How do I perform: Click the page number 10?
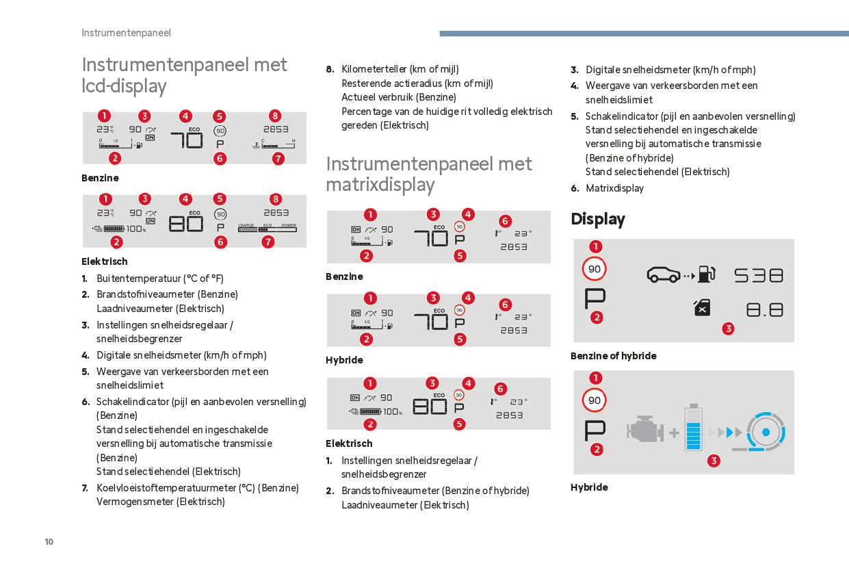pos(49,542)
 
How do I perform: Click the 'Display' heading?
pos(598,219)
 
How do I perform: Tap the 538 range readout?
pos(758,275)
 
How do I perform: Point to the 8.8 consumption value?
pos(764,310)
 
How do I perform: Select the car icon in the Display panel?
pos(663,275)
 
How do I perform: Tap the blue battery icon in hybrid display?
pos(693,428)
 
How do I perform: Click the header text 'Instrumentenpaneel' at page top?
pos(126,33)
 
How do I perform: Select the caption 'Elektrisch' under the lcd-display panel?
pos(105,261)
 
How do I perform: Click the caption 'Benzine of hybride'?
pos(613,356)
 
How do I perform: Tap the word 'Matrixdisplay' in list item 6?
pos(614,188)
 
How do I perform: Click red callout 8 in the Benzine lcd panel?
pos(275,116)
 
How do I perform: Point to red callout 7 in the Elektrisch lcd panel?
pos(268,242)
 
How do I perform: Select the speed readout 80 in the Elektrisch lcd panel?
pos(185,223)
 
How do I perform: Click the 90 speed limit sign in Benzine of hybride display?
pos(595,269)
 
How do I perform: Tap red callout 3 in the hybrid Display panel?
pos(714,461)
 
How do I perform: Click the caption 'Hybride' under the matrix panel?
pos(344,360)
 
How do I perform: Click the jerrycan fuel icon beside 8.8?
pos(702,309)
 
